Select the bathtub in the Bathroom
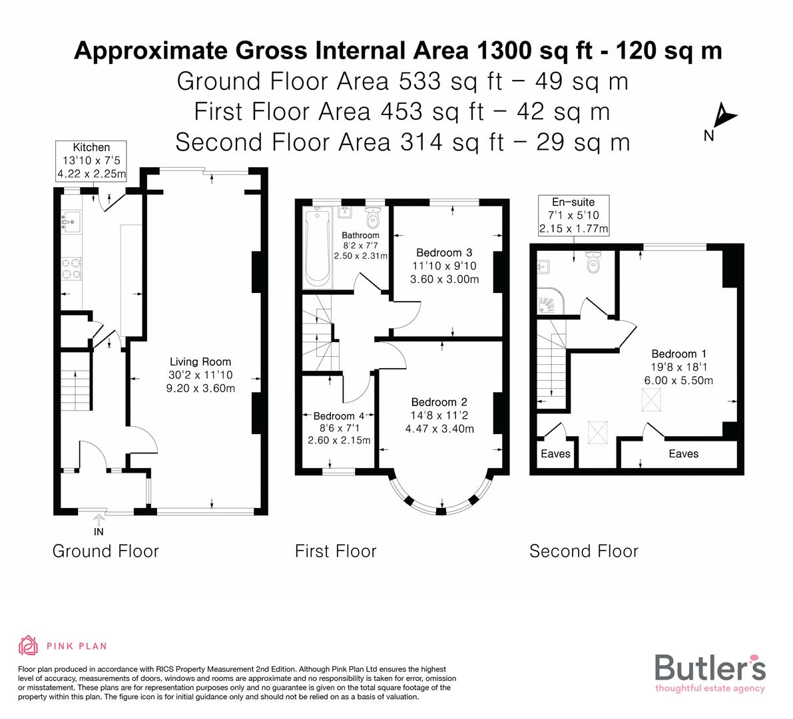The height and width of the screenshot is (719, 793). point(317,246)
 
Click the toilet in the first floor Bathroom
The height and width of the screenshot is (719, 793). point(372,216)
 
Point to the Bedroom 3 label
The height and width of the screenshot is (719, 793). point(444,252)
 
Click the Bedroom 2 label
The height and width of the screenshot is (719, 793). point(439,401)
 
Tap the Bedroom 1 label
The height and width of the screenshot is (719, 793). point(678,354)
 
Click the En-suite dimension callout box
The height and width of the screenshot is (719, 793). point(573,215)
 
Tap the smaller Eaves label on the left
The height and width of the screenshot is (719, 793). point(555,453)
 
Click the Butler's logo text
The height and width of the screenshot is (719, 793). point(710,668)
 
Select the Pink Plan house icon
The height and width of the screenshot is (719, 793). point(29,645)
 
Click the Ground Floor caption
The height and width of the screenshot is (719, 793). point(105,551)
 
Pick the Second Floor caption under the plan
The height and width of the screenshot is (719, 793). point(583,551)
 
